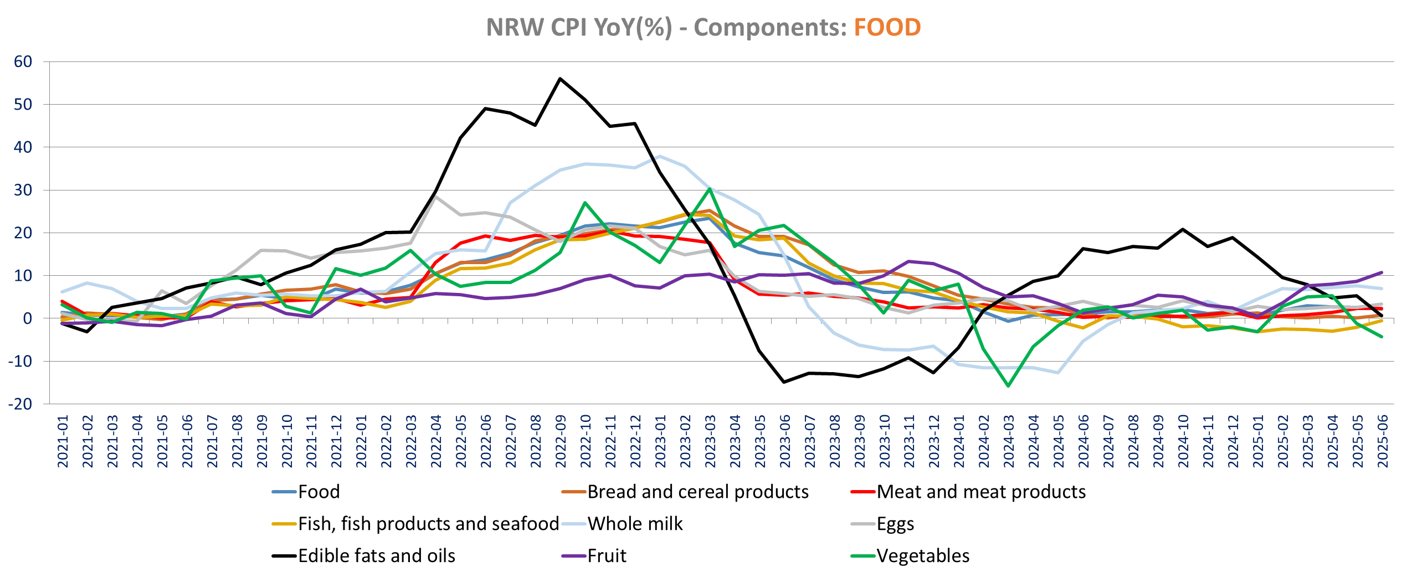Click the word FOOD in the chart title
coord(887,27)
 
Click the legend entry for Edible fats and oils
coord(376,555)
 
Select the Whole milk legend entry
coord(635,523)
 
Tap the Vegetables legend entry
coord(923,555)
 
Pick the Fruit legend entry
coord(607,555)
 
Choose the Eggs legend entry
coord(895,523)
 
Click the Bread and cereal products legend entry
coord(697,491)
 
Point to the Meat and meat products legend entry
coord(981,491)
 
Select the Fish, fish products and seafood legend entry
coord(428,523)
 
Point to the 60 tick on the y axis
coord(23,61)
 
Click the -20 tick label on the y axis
coord(20,404)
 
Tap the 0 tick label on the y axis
coord(28,318)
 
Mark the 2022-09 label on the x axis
coord(561,441)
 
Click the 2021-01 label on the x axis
coord(63,441)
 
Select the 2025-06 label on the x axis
coord(1383,441)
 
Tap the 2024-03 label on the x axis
coord(1009,441)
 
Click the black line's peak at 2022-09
coord(560,79)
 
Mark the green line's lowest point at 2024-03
coord(1008,386)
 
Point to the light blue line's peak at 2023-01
coord(660,156)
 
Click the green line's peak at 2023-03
coord(710,189)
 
